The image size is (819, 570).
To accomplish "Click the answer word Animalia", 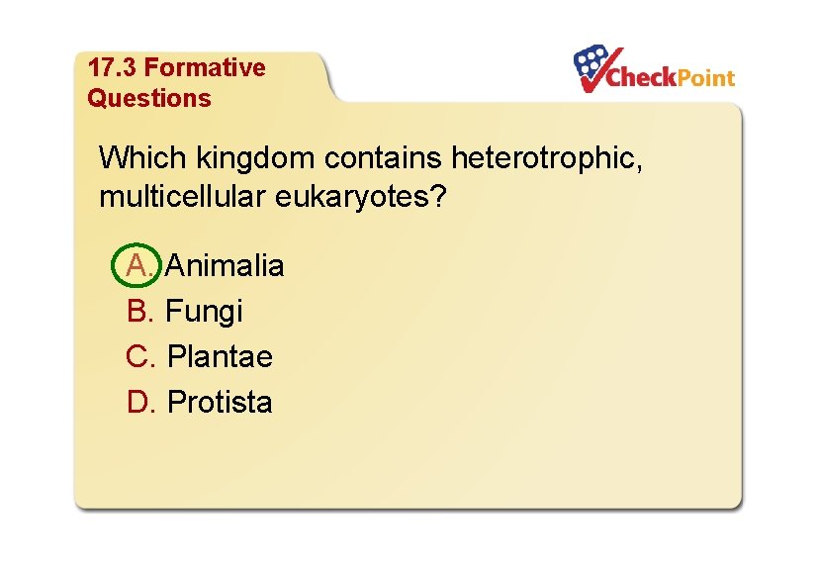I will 225,265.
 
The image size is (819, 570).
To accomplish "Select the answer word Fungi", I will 204,311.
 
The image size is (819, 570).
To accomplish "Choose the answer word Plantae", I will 220,356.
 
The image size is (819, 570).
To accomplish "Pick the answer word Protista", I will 220,402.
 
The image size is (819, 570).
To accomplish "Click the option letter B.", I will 140,311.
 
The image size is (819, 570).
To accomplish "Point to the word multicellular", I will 184,196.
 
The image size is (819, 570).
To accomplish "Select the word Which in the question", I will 143,157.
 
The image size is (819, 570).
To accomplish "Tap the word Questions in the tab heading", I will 149,98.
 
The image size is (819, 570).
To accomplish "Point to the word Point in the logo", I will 705,77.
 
